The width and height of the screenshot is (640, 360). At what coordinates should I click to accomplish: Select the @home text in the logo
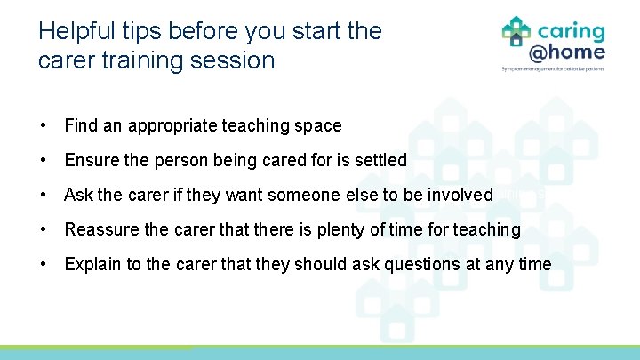pos(566,52)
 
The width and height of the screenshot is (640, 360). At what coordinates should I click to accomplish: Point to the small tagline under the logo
pos(553,69)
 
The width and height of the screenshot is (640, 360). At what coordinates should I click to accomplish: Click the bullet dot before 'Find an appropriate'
pos(44,126)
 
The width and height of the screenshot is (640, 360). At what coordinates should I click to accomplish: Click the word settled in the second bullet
pos(379,161)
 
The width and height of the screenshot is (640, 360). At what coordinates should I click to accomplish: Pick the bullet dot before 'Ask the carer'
pos(44,195)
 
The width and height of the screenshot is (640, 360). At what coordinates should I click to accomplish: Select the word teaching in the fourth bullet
pos(486,229)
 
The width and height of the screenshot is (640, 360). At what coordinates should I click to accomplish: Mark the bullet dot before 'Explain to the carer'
pos(44,264)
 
